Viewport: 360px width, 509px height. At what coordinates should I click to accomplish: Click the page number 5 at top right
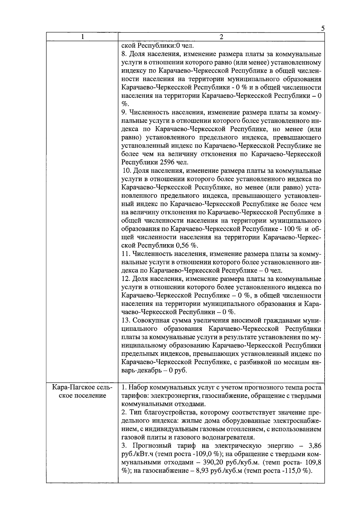[322, 28]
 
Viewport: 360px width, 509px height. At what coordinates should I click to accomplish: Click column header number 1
[82, 37]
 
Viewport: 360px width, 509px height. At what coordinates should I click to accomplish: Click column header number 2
[221, 37]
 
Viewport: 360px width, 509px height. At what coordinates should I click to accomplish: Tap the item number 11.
[126, 254]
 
